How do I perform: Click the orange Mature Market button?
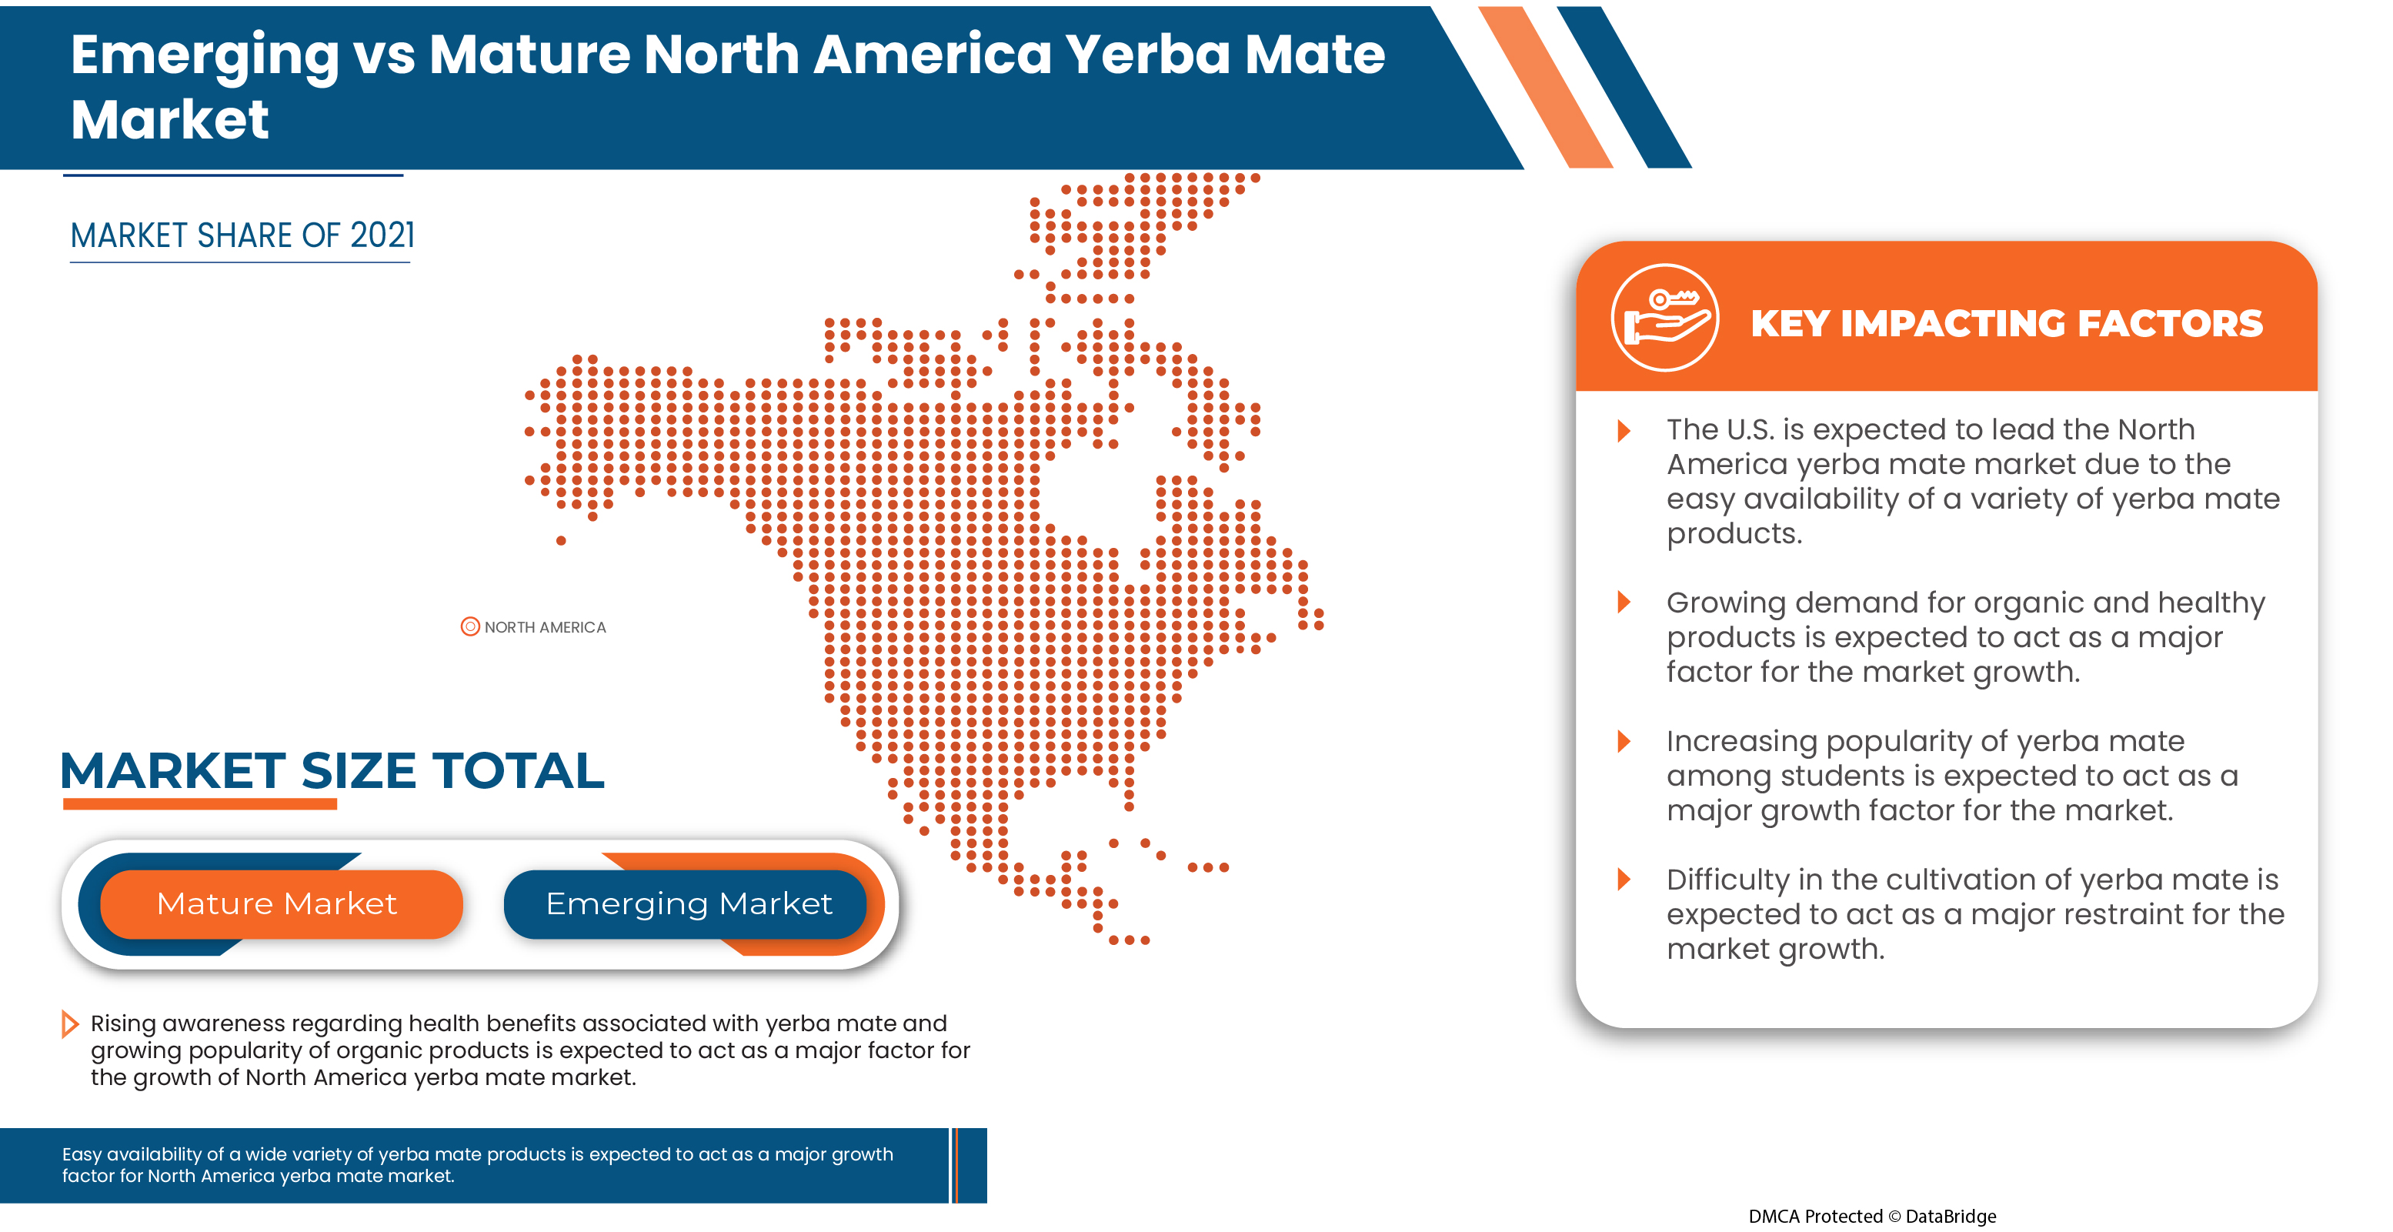click(281, 904)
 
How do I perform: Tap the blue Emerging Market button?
click(687, 904)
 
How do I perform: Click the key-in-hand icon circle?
click(1664, 318)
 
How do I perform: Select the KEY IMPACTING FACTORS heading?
click(2007, 323)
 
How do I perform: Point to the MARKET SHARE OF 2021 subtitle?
click(242, 236)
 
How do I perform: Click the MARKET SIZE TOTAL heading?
click(332, 771)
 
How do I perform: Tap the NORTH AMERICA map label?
click(546, 627)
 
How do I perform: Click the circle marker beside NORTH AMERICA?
click(470, 626)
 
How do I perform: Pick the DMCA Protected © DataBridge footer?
click(1872, 1216)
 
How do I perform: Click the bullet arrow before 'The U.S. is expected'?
click(1624, 430)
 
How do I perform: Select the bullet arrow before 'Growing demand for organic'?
click(1624, 602)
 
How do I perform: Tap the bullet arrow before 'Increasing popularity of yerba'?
click(1624, 740)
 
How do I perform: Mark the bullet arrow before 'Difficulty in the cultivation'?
click(1624, 879)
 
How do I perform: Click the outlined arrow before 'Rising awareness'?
click(70, 1024)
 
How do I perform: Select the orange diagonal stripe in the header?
click(1546, 87)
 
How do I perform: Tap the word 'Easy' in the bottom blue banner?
click(81, 1155)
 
